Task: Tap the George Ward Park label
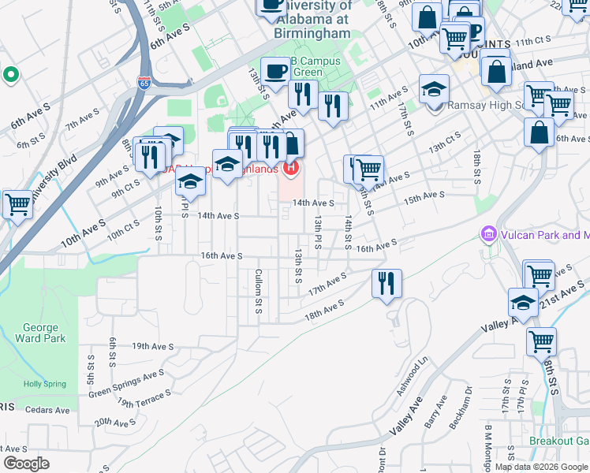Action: tap(40, 333)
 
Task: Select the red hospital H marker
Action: tap(292, 167)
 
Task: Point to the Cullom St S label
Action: tap(258, 291)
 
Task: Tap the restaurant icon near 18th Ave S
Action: tap(386, 284)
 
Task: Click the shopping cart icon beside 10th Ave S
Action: tap(17, 204)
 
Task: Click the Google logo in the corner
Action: tap(26, 463)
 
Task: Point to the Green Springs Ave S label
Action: tap(126, 382)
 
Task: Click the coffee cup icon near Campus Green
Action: tap(275, 72)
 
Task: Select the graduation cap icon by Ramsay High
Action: tap(434, 90)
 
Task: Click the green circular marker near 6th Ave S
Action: tap(11, 76)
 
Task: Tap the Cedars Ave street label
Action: tap(48, 410)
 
